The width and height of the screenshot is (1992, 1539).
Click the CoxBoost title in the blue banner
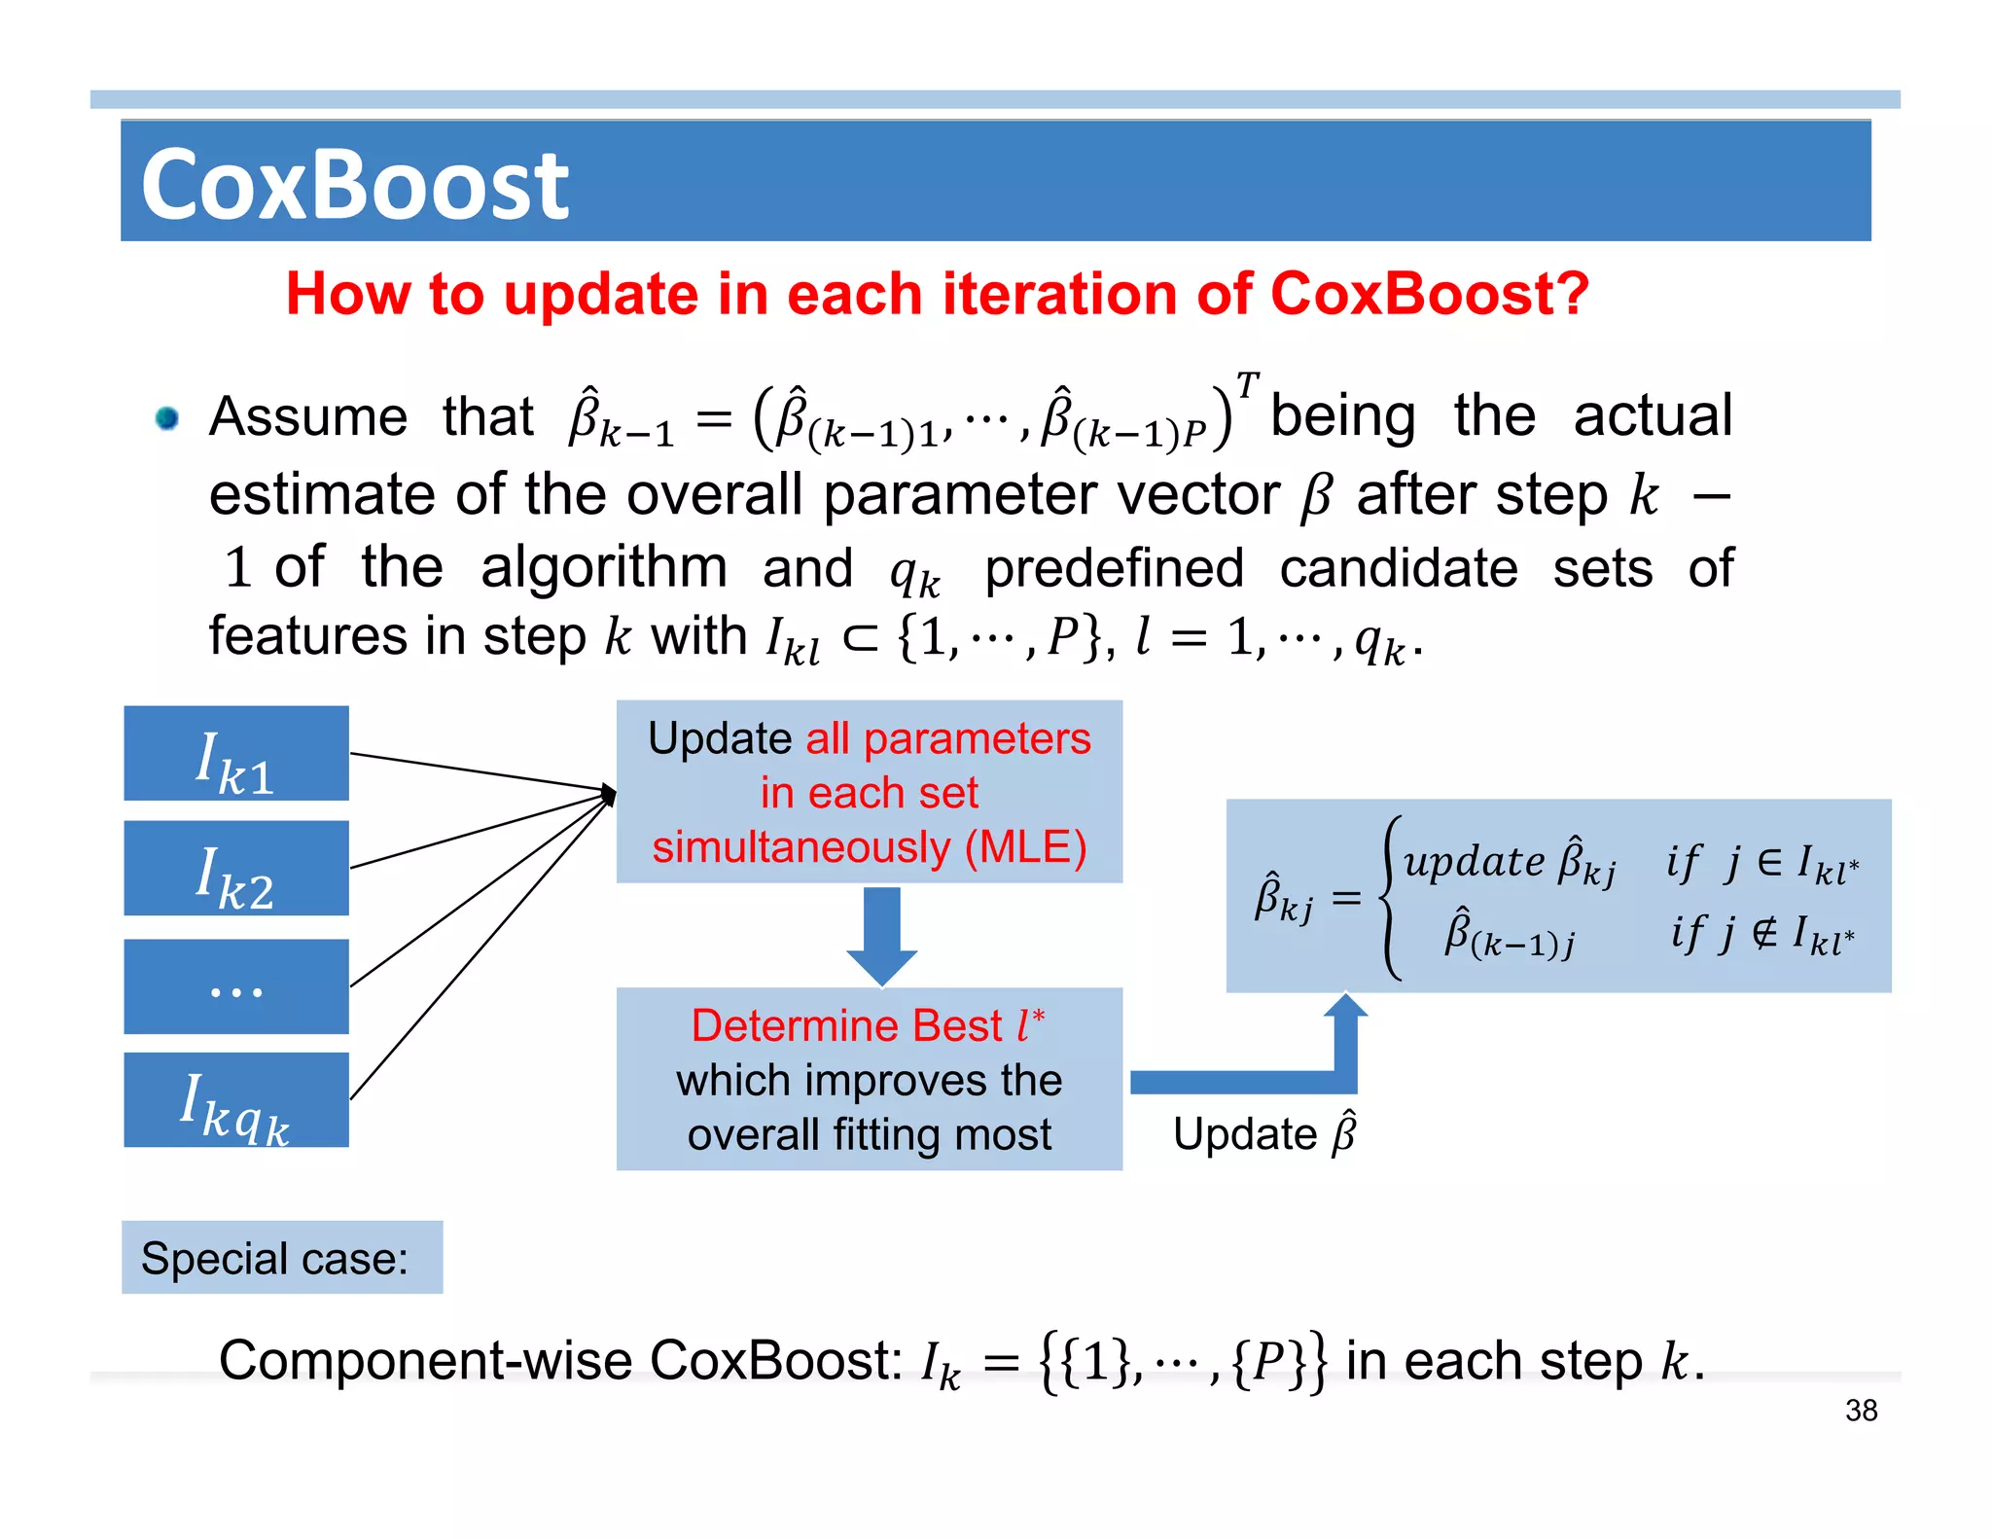click(354, 185)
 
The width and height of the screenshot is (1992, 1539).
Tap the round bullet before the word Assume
click(167, 418)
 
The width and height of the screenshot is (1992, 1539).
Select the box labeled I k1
click(236, 754)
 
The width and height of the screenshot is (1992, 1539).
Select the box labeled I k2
click(236, 869)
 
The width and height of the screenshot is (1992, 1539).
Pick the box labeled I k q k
click(236, 1100)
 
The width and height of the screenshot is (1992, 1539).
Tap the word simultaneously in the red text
click(800, 847)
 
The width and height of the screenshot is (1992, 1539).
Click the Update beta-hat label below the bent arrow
click(1263, 1133)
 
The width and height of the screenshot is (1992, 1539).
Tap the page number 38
click(1861, 1411)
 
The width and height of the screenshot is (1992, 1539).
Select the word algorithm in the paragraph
click(603, 567)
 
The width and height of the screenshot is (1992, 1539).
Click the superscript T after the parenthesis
click(1247, 383)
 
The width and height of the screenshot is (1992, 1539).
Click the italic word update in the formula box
click(1474, 862)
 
